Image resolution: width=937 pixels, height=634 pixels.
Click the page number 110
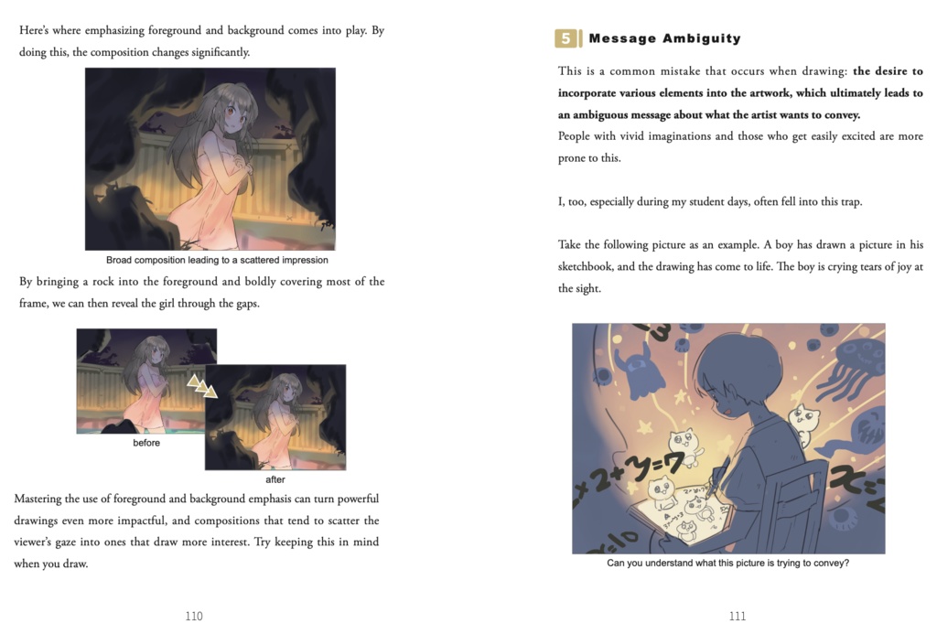click(194, 616)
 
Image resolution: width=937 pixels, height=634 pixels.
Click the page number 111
click(738, 616)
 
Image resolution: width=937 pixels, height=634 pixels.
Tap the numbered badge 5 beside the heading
click(566, 38)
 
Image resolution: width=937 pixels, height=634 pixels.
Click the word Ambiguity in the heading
click(702, 38)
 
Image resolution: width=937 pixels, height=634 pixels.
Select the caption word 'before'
click(146, 443)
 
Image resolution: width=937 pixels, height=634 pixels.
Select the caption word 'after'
click(275, 479)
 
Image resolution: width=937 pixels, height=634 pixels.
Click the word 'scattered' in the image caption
click(253, 260)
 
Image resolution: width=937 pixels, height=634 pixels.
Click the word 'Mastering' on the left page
click(40, 499)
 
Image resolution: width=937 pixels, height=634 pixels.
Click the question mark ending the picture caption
click(845, 563)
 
